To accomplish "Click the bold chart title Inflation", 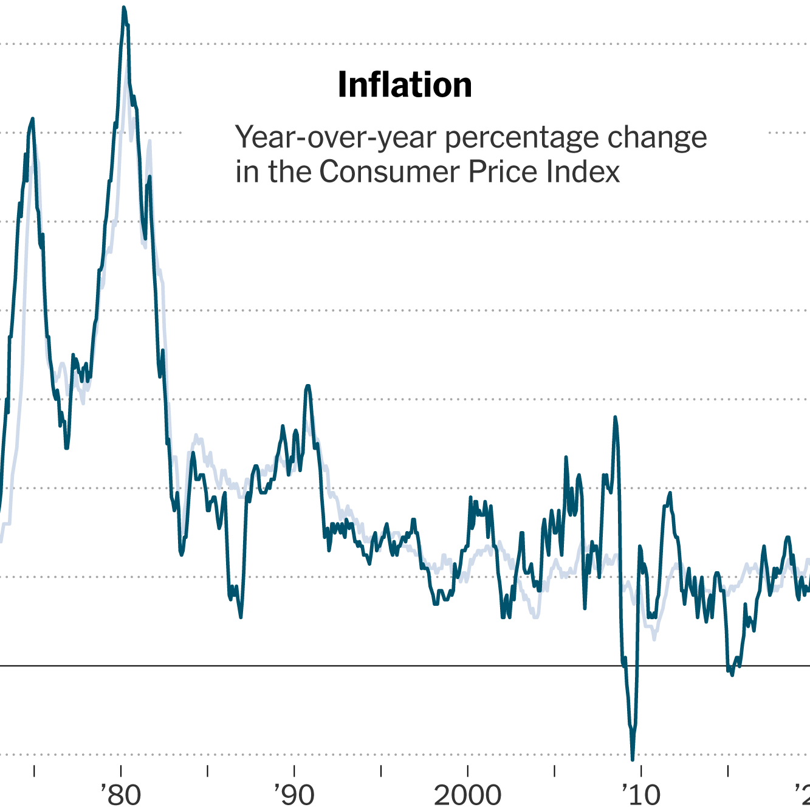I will [x=405, y=85].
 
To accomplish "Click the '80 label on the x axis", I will [x=122, y=794].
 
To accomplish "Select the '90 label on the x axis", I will [x=295, y=794].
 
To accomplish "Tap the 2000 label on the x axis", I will [x=467, y=794].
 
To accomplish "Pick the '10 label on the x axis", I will [x=641, y=794].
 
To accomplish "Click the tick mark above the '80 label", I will [x=122, y=771].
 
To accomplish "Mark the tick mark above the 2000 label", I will [x=468, y=771].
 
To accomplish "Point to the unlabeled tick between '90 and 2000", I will [x=381, y=771].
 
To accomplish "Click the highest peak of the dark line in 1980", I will [x=123, y=8].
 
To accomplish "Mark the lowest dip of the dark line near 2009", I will [x=633, y=759].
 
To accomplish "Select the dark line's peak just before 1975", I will [x=33, y=119].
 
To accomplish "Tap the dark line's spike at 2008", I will [x=615, y=417].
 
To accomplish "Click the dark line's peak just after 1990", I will [x=308, y=386].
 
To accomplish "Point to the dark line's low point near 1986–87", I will [x=241, y=617].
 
